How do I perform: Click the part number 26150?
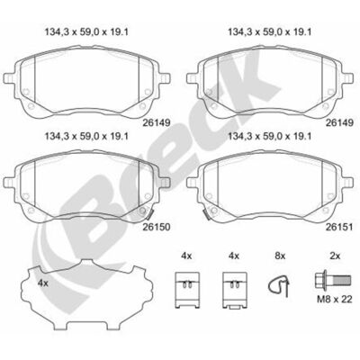click(156, 227)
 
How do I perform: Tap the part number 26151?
click(339, 227)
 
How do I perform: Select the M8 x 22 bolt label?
click(335, 299)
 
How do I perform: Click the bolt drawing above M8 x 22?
click(332, 280)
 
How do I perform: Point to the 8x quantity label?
click(280, 256)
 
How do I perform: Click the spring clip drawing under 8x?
click(280, 285)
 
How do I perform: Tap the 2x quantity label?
click(335, 256)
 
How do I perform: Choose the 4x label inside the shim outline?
click(43, 283)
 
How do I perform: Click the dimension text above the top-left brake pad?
click(86, 32)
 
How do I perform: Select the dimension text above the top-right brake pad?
click(270, 32)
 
